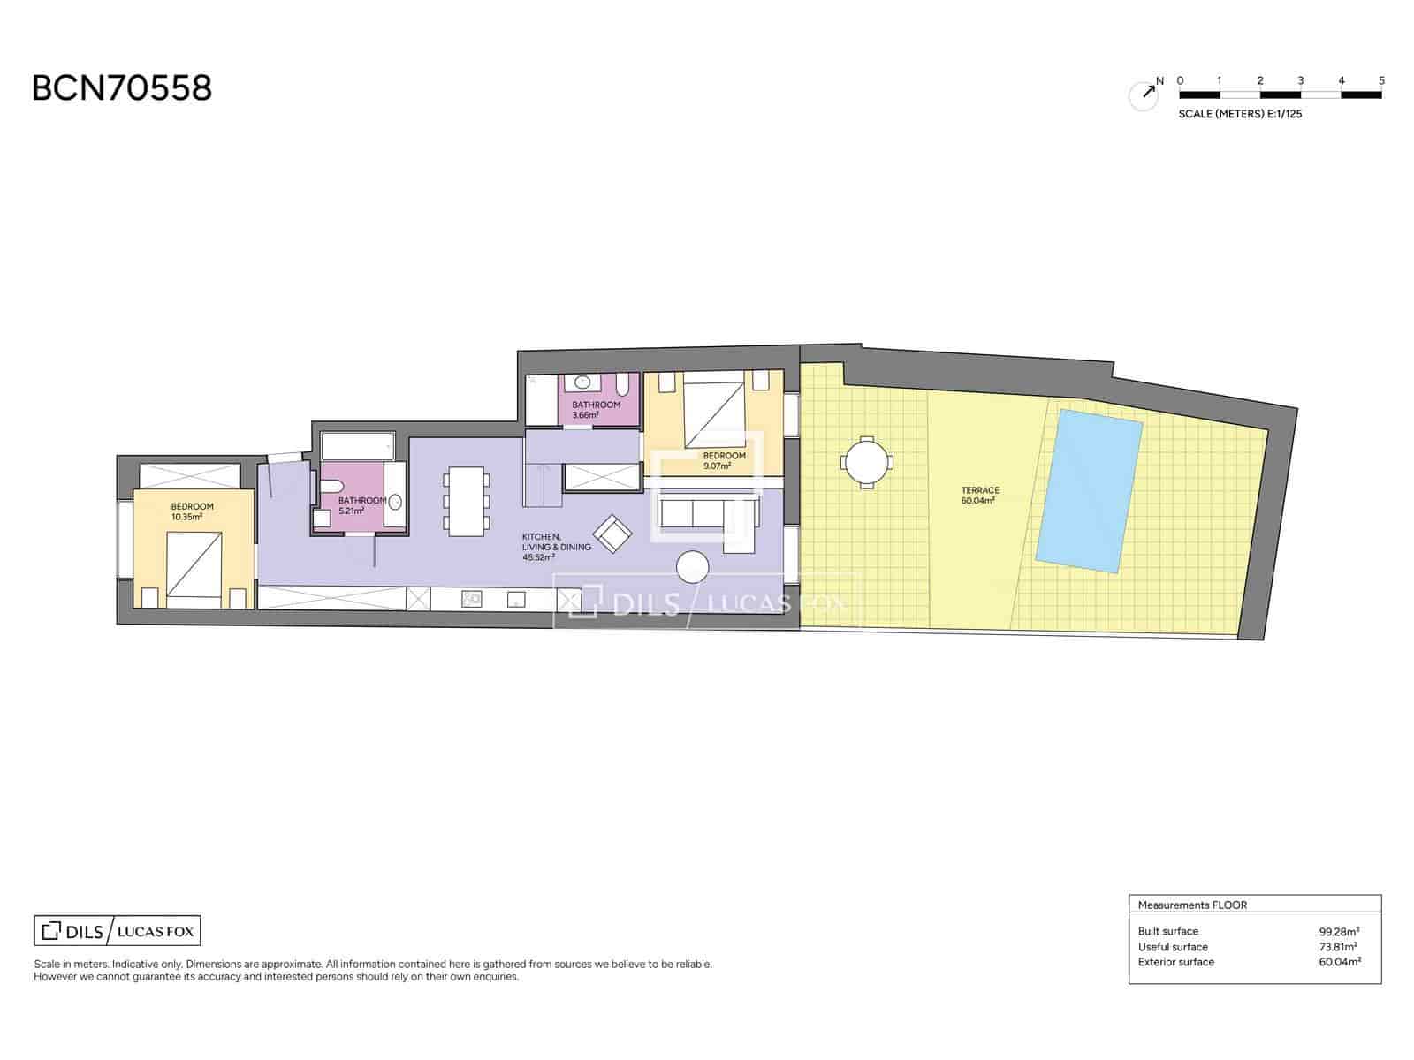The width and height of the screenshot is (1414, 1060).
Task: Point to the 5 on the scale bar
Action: (x=1381, y=80)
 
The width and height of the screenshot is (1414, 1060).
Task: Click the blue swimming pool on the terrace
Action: (x=1089, y=490)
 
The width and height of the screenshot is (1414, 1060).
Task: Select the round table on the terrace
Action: (x=866, y=463)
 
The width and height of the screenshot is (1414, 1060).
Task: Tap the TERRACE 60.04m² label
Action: (x=979, y=495)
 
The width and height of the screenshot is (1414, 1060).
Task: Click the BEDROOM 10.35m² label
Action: (x=191, y=511)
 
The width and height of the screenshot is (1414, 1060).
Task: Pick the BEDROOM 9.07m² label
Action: (x=724, y=461)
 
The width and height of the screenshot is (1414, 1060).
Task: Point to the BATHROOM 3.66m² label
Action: (x=596, y=410)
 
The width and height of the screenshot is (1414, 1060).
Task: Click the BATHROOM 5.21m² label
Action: (x=362, y=505)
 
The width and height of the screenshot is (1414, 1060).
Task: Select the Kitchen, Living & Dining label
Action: (x=556, y=547)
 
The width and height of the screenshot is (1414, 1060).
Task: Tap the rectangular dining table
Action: (x=467, y=502)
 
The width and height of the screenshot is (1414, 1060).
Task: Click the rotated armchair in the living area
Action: (x=612, y=534)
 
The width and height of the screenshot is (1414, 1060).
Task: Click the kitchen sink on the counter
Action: (x=472, y=599)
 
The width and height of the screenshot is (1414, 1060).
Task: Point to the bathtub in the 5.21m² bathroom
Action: (x=358, y=446)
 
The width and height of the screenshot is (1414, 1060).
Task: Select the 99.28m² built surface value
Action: (x=1339, y=931)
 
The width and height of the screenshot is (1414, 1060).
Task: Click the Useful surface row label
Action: (x=1173, y=947)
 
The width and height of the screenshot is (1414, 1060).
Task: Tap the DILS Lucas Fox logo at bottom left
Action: (x=118, y=931)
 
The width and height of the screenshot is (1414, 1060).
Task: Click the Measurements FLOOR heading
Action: (x=1192, y=905)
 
